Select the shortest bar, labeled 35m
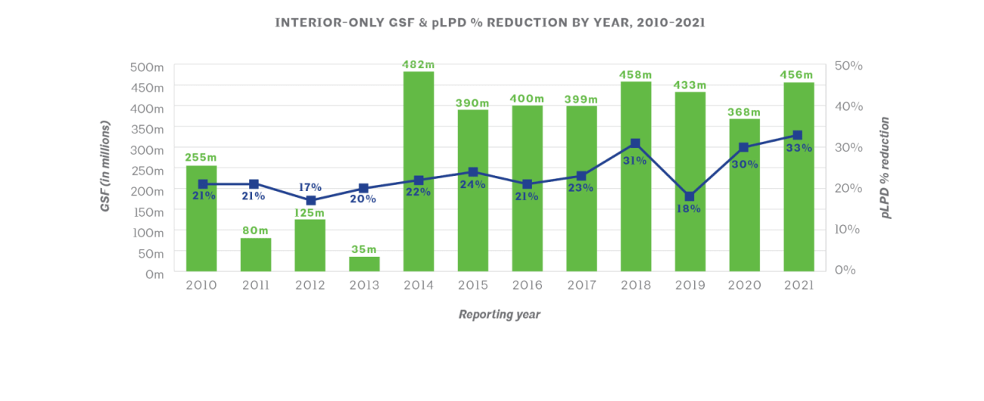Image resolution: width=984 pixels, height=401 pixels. click(364, 264)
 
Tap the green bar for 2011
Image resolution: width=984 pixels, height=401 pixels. click(255, 255)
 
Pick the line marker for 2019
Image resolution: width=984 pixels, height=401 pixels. click(690, 197)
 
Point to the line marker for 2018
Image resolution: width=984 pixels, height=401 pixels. click(635, 143)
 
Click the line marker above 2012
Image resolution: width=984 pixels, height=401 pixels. click(310, 200)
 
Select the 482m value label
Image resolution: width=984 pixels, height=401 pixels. click(419, 64)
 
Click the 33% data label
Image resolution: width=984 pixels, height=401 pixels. click(799, 149)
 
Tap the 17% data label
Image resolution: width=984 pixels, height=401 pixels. click(310, 187)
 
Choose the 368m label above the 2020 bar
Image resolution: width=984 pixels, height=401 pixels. click(744, 112)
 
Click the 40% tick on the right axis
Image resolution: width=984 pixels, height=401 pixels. click(849, 107)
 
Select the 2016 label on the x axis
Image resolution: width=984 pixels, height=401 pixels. click(527, 286)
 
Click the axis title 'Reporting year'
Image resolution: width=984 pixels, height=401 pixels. click(500, 315)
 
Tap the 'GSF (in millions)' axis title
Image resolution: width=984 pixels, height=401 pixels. click(106, 165)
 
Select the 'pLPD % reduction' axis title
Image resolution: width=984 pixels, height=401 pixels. click(885, 168)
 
